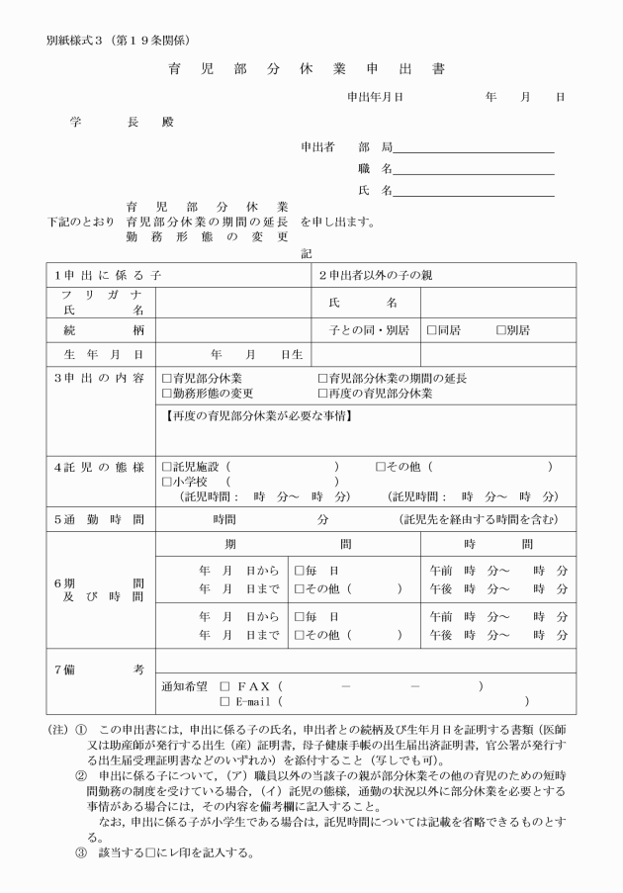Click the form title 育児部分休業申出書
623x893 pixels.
[308, 69]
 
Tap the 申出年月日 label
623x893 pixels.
[375, 97]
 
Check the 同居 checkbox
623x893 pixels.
[431, 327]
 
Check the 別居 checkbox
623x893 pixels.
[500, 327]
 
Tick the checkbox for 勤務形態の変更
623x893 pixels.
[166, 393]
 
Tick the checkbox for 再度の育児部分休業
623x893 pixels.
[322, 393]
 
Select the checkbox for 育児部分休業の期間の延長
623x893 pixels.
[322, 378]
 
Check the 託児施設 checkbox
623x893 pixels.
[166, 466]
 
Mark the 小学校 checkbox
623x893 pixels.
[166, 482]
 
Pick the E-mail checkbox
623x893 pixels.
[224, 702]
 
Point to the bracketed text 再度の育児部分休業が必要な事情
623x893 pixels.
[257, 415]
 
